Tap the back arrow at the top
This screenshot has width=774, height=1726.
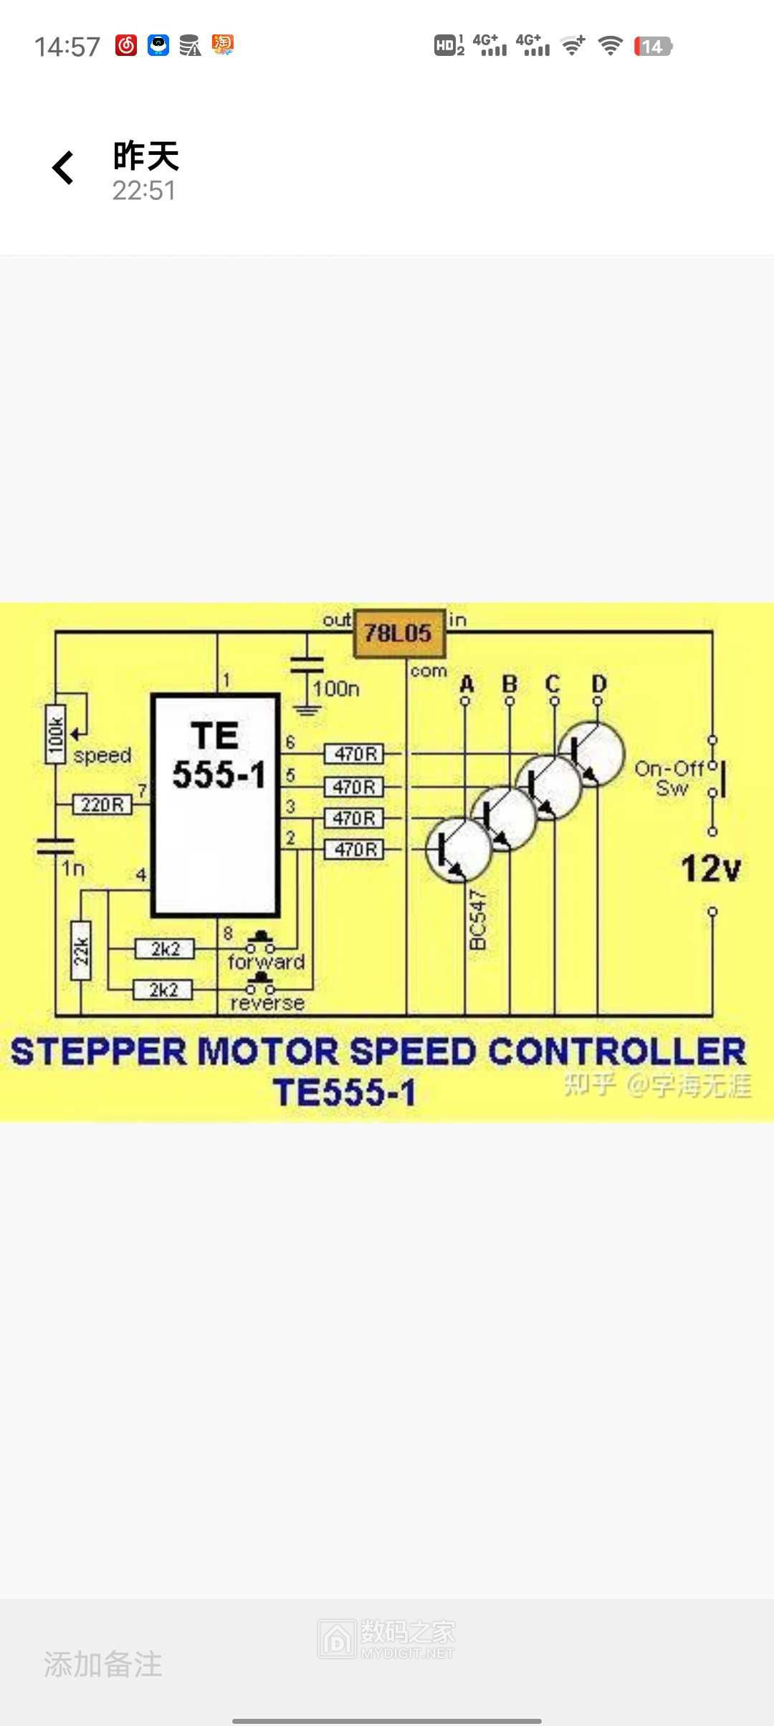[64, 168]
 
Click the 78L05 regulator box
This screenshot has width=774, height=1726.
[398, 633]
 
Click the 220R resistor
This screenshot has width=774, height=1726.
[102, 804]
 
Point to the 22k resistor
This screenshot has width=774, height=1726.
[81, 950]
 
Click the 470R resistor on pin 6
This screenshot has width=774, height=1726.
[354, 754]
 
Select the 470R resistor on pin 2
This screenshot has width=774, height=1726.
[354, 850]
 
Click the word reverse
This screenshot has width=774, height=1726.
[267, 1003]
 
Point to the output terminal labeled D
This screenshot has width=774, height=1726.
[598, 685]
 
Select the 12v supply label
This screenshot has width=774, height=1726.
[710, 869]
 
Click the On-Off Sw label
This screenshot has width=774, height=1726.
[669, 778]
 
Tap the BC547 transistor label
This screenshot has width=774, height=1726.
[478, 920]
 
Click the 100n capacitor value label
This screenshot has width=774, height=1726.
[336, 689]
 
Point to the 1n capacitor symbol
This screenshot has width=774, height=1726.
[55, 847]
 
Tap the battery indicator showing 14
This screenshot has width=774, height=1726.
[652, 47]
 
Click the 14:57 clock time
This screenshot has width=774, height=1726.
[67, 47]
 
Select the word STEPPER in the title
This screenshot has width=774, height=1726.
[99, 1052]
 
